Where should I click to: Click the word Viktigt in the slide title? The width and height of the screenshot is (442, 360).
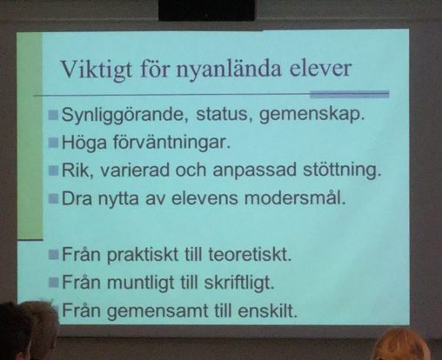96,70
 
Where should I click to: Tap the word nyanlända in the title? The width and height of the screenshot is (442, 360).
229,69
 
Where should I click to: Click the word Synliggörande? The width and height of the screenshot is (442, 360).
123,115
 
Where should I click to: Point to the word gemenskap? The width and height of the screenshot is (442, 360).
311,115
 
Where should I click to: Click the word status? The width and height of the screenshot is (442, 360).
222,114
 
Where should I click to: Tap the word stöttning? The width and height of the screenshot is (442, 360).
342,170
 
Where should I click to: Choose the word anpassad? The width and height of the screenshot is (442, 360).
255,170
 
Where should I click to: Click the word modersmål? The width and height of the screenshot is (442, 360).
295,198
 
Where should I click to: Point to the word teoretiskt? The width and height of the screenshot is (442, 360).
250,254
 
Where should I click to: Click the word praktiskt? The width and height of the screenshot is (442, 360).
143,255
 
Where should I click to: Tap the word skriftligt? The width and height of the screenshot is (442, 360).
239,283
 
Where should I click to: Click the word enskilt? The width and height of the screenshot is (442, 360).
268,310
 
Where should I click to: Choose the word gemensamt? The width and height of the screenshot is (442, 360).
158,311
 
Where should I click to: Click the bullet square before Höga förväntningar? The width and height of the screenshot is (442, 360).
54,143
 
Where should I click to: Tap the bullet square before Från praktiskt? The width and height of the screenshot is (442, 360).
54,255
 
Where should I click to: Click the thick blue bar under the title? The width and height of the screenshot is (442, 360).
350,94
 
